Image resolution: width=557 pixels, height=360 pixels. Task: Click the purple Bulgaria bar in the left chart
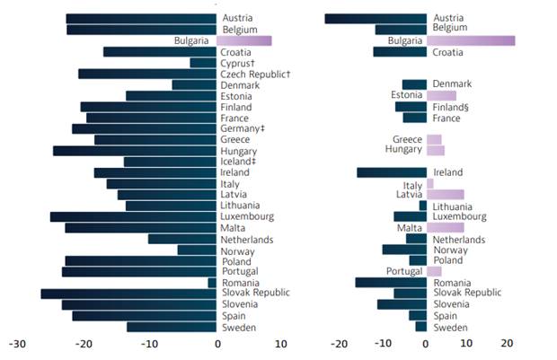[x=243, y=40]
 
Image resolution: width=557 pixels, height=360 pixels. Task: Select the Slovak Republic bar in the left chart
[x=128, y=294]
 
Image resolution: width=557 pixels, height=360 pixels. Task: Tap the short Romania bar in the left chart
[x=212, y=283]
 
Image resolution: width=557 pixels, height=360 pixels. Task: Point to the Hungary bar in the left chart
[x=135, y=151]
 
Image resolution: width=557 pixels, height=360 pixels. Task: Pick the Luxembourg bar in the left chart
[x=133, y=216]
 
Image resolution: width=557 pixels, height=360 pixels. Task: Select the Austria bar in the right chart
[x=376, y=18]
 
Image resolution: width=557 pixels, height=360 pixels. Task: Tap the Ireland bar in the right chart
[x=392, y=172]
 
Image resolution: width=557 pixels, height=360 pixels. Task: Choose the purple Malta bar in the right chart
[x=446, y=228]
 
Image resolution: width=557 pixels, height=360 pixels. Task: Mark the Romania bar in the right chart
[x=391, y=283]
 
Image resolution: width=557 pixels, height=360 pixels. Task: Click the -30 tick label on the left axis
[x=17, y=344]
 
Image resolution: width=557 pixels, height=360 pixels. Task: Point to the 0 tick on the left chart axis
[x=217, y=344]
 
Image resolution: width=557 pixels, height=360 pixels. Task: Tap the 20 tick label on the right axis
[x=508, y=344]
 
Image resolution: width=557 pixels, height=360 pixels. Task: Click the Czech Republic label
[x=255, y=74]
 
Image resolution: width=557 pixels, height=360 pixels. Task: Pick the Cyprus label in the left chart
[x=237, y=63]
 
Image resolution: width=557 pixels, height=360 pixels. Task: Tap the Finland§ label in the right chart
[x=452, y=107]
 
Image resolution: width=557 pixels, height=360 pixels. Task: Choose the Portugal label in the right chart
[x=404, y=271]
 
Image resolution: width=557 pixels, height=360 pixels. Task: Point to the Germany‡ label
[x=243, y=129]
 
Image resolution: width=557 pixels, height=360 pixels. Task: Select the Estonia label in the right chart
[x=406, y=95]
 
